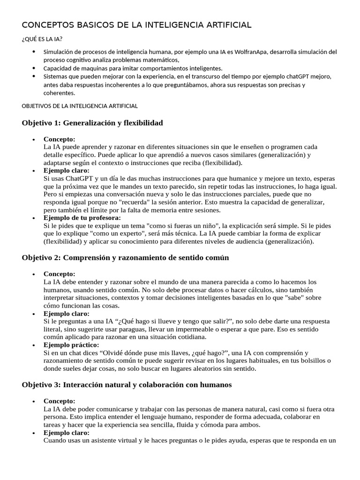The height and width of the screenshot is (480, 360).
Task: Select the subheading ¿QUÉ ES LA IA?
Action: [42, 39]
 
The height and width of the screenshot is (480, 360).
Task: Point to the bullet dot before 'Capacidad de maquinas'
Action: [34, 68]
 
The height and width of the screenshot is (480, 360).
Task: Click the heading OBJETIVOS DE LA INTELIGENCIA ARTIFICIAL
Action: [80, 106]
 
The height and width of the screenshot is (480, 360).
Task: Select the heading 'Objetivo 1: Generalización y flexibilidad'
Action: [92, 123]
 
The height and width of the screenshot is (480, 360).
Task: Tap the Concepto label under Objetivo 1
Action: [59, 139]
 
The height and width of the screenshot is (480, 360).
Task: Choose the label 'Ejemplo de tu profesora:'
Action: [82, 218]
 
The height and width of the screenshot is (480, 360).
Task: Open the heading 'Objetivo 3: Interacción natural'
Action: [127, 385]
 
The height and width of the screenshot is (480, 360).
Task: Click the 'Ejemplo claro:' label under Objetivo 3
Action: [66, 433]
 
